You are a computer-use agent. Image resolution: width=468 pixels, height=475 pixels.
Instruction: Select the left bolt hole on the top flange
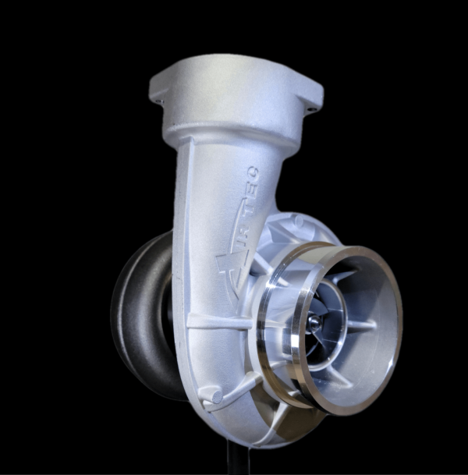coord(158,101)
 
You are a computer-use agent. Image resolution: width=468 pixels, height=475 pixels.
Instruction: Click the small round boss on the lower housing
coord(211,396)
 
